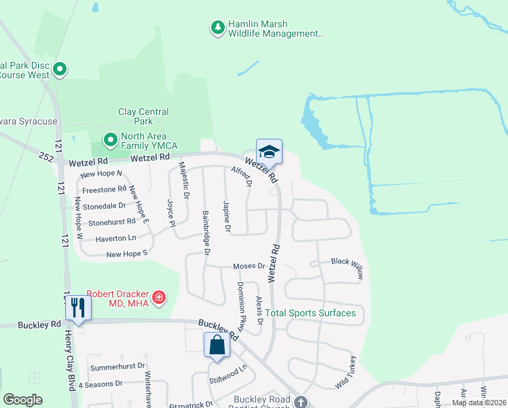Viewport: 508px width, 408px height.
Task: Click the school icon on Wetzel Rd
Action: point(269,152)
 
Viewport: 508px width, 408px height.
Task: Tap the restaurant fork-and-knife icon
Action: point(78,307)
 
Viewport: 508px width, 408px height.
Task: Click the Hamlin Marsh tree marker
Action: point(217,28)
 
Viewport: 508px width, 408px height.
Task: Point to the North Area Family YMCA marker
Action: point(110,140)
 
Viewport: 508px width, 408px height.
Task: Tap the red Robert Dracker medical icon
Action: point(159,297)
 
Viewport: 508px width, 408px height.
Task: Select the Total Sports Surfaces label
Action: point(310,313)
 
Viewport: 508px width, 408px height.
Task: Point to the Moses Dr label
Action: point(248,266)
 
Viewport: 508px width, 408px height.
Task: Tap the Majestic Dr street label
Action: point(183,177)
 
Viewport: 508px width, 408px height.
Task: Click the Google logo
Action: point(22,400)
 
